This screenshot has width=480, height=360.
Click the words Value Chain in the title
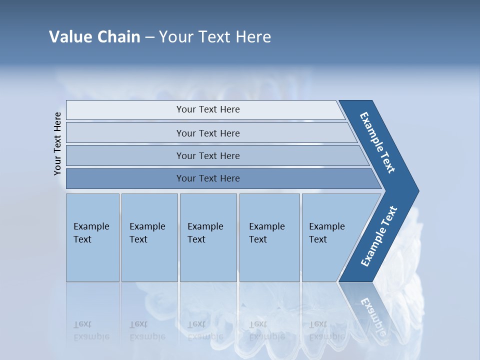(94, 37)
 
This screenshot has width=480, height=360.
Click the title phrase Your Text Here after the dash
(215, 37)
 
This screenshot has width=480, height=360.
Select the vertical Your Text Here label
(57, 143)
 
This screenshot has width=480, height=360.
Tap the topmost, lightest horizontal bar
(207, 110)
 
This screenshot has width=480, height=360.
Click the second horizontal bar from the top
(207, 133)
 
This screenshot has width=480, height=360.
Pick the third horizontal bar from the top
(207, 155)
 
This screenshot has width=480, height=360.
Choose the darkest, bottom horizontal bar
(207, 178)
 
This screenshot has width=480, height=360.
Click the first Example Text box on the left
(92, 237)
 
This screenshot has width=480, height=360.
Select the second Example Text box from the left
(149, 237)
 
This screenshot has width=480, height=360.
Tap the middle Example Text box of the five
(208, 237)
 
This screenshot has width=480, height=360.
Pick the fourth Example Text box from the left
(269, 237)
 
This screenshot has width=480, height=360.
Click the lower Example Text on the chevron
(379, 236)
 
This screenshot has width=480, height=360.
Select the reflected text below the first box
(91, 331)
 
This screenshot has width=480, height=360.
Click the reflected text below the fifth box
(326, 331)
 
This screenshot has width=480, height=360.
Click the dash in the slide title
(149, 37)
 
